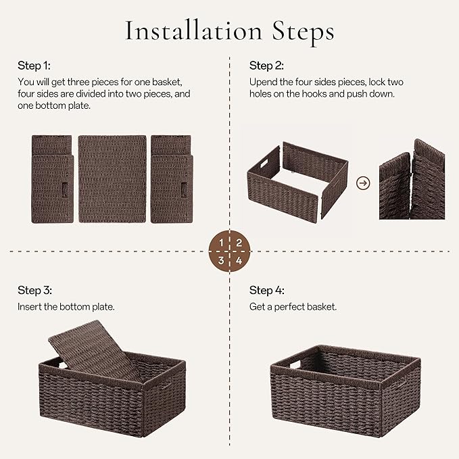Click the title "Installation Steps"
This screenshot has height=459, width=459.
tap(229, 31)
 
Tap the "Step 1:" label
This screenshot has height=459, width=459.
tap(34, 66)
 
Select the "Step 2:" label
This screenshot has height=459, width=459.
tap(266, 66)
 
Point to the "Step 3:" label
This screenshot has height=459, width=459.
tap(34, 291)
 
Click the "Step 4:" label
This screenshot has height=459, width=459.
tap(267, 291)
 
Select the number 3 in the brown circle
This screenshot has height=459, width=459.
tap(221, 259)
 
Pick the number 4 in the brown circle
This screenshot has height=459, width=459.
tap(238, 259)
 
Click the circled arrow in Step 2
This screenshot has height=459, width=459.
tap(364, 183)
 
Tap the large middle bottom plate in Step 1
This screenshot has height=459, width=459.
tap(112, 178)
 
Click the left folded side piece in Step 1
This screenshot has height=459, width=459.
tap(51, 178)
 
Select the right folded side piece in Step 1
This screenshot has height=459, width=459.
tap(172, 178)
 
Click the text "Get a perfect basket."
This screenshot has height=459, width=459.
tap(293, 307)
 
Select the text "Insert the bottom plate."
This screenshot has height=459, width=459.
tap(66, 307)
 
